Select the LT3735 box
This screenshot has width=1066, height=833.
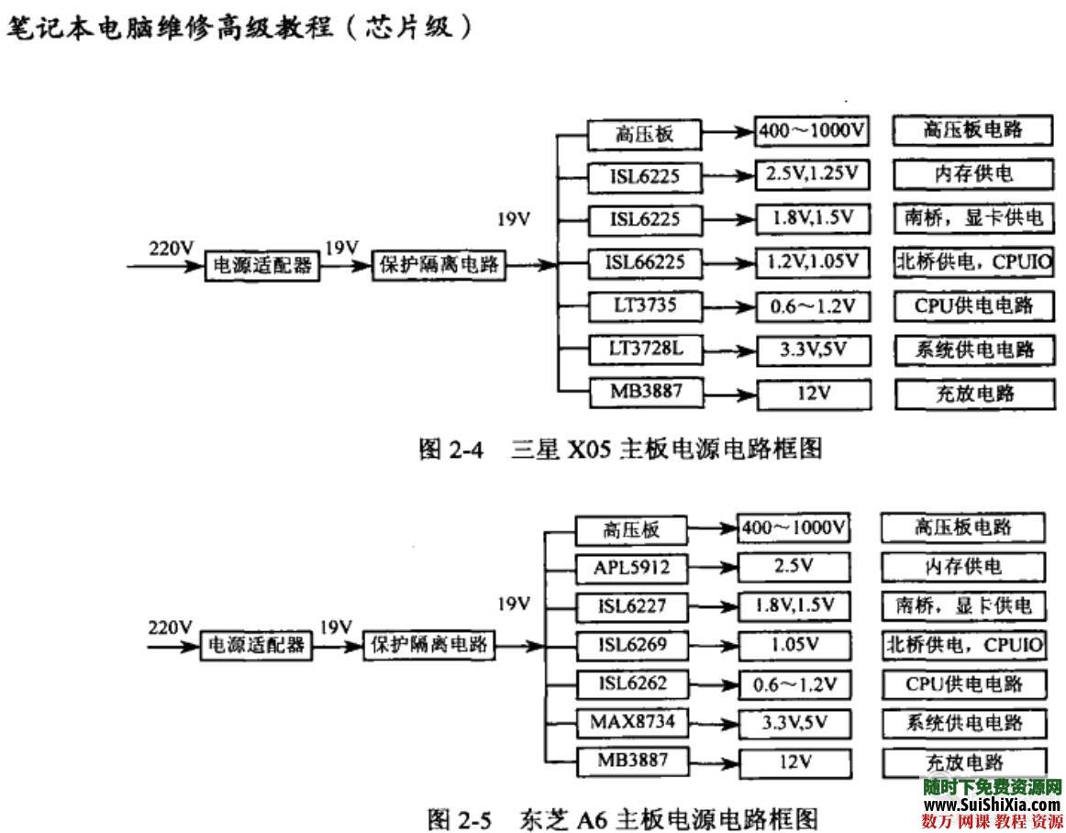pos(644,306)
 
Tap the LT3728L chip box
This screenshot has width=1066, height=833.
pos(644,350)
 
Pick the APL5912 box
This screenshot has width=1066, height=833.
pos(631,568)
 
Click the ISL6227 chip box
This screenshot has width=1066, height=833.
pos(631,606)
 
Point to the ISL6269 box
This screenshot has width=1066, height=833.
pos(631,645)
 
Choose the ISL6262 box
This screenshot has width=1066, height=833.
pos(631,683)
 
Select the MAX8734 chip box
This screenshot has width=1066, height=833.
pos(631,723)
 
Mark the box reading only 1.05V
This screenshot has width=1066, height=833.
pos(794,645)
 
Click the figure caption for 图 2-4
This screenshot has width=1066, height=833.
pos(619,449)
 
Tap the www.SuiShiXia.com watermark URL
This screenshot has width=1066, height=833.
pos(991,804)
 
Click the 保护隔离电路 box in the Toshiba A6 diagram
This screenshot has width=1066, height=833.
pos(428,645)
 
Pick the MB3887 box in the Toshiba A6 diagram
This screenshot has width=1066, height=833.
pos(631,761)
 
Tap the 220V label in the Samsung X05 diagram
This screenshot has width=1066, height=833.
pos(172,248)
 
